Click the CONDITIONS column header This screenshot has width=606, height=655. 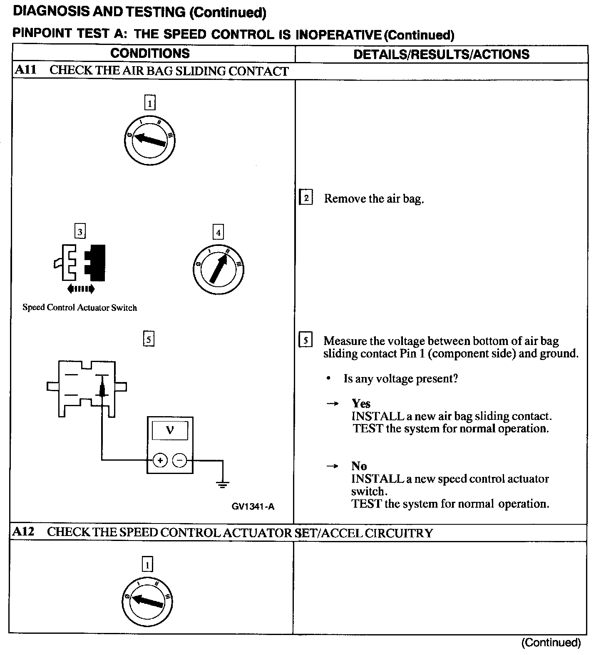(x=150, y=53)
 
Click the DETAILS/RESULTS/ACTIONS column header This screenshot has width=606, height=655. (x=441, y=54)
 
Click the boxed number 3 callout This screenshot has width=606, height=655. (x=80, y=231)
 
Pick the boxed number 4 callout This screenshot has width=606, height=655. (x=218, y=232)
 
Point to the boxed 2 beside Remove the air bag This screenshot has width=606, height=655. (x=306, y=198)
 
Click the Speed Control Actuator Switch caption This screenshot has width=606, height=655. (x=79, y=308)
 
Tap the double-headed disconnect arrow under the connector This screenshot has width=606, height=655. (x=81, y=288)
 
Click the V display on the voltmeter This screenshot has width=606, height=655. (x=170, y=430)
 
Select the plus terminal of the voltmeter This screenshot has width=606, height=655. (x=160, y=460)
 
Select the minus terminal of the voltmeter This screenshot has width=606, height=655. (x=180, y=460)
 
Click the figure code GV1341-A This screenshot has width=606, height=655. (x=253, y=506)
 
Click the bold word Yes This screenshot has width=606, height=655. (x=361, y=403)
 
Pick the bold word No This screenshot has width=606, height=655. (x=359, y=466)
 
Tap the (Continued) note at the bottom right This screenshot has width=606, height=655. (x=551, y=643)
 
